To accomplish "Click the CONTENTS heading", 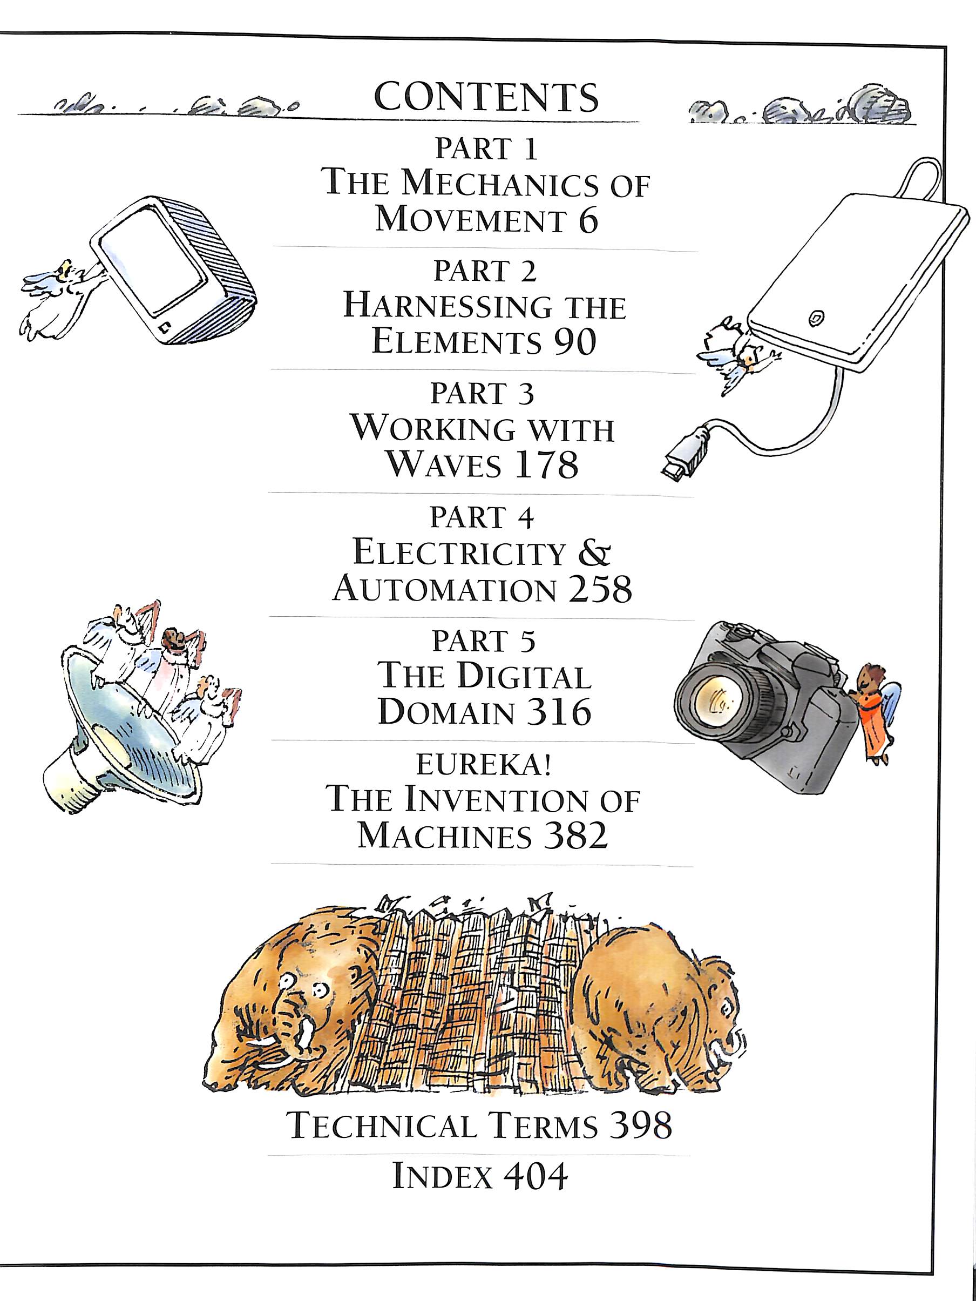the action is click(486, 97).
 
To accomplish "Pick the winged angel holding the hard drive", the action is click(738, 357).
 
